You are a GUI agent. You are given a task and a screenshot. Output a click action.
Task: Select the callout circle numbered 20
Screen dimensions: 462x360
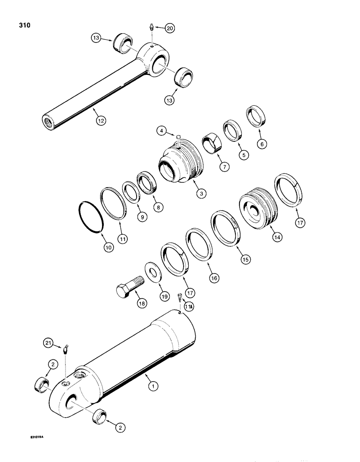(x=170, y=28)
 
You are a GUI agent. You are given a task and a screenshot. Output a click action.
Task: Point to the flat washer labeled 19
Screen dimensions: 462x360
(x=151, y=273)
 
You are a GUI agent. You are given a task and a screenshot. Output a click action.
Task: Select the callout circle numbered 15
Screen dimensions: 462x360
(x=246, y=260)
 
